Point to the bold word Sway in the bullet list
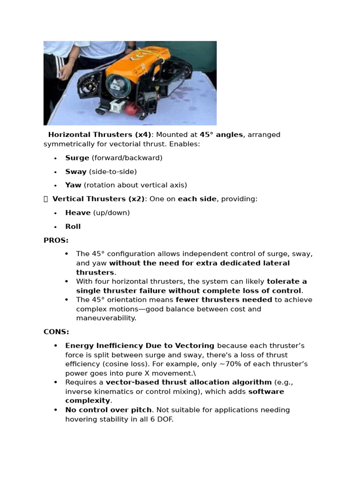click(76, 172)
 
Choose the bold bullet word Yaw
click(73, 185)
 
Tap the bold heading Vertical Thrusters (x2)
click(98, 199)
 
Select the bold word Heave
click(78, 213)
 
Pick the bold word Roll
click(73, 226)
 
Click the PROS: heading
click(56, 240)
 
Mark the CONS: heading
click(56, 332)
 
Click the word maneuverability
click(106, 318)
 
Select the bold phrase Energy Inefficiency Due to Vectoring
click(140, 346)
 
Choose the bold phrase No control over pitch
click(108, 410)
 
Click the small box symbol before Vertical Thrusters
click(46, 199)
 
